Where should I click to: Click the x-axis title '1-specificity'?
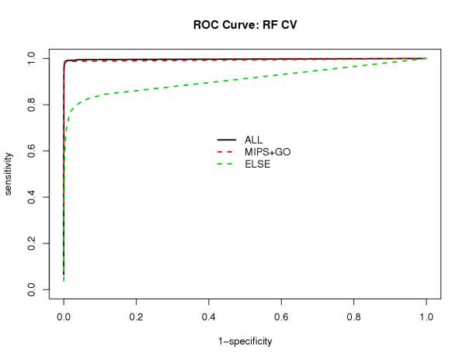point(245,341)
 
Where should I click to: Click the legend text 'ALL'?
point(253,140)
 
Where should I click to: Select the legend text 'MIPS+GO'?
point(264,152)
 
